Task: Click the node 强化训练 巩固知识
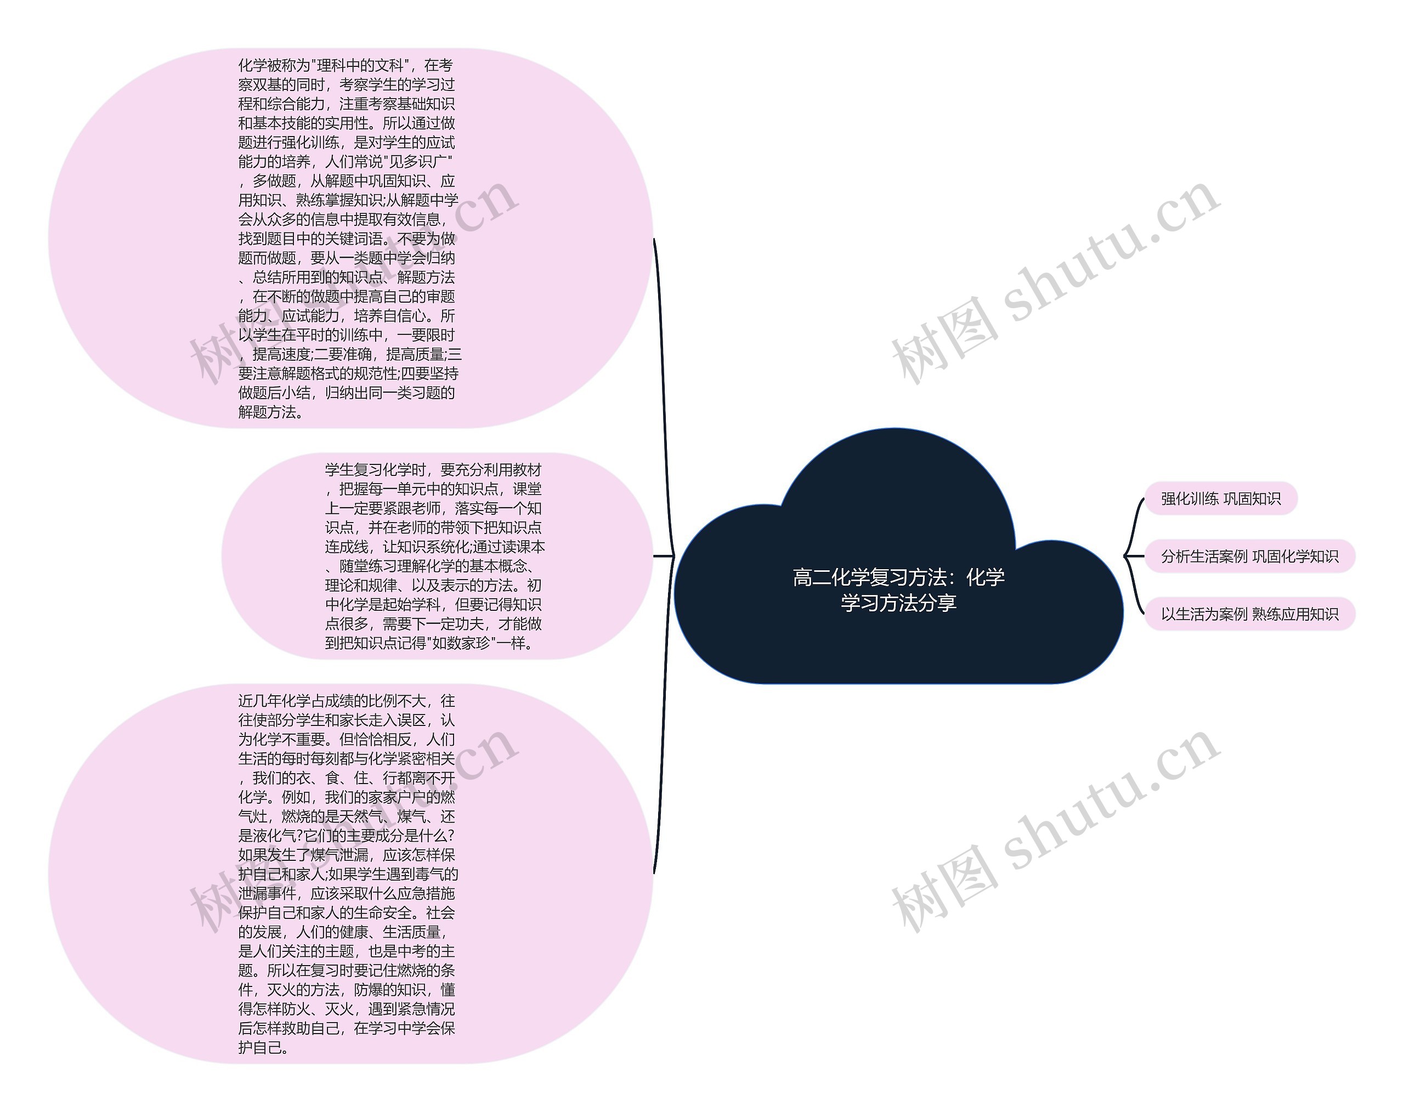pyautogui.click(x=1220, y=500)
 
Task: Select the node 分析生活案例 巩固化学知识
pyautogui.click(x=1249, y=557)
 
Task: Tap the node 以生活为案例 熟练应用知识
pyautogui.click(x=1249, y=615)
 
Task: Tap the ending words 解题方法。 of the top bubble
pyautogui.click(x=271, y=412)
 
